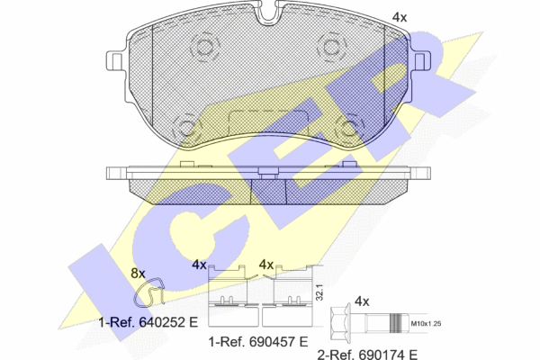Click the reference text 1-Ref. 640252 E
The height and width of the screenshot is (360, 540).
tap(148, 322)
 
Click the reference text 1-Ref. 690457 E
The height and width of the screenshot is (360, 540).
tap(258, 342)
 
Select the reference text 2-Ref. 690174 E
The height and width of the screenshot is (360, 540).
tap(367, 354)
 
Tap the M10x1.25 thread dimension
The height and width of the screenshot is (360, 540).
tap(427, 323)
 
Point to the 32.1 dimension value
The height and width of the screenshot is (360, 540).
tap(319, 292)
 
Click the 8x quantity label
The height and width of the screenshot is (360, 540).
tap(138, 274)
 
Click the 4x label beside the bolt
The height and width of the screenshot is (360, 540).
tap(362, 301)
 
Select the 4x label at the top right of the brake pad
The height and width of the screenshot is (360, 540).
tap(400, 17)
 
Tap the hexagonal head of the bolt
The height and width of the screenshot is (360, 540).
tap(339, 323)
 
